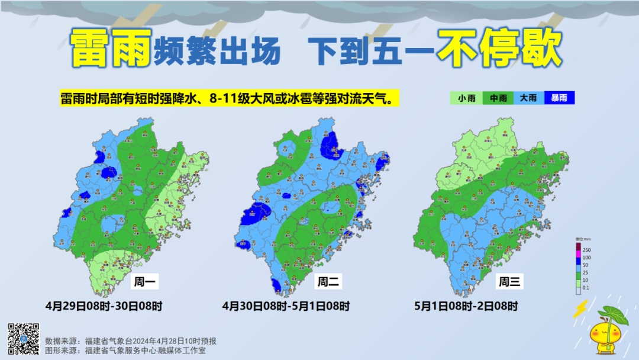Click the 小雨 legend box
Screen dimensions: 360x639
(465, 98)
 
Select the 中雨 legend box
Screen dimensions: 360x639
(498, 98)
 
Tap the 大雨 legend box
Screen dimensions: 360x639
(528, 98)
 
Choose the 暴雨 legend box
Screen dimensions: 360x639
(559, 98)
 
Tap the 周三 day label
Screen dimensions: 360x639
(509, 282)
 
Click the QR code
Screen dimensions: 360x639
(24, 339)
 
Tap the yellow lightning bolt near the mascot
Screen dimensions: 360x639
(582, 308)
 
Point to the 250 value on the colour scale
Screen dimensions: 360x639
(587, 250)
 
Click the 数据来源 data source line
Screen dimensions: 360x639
(131, 341)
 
